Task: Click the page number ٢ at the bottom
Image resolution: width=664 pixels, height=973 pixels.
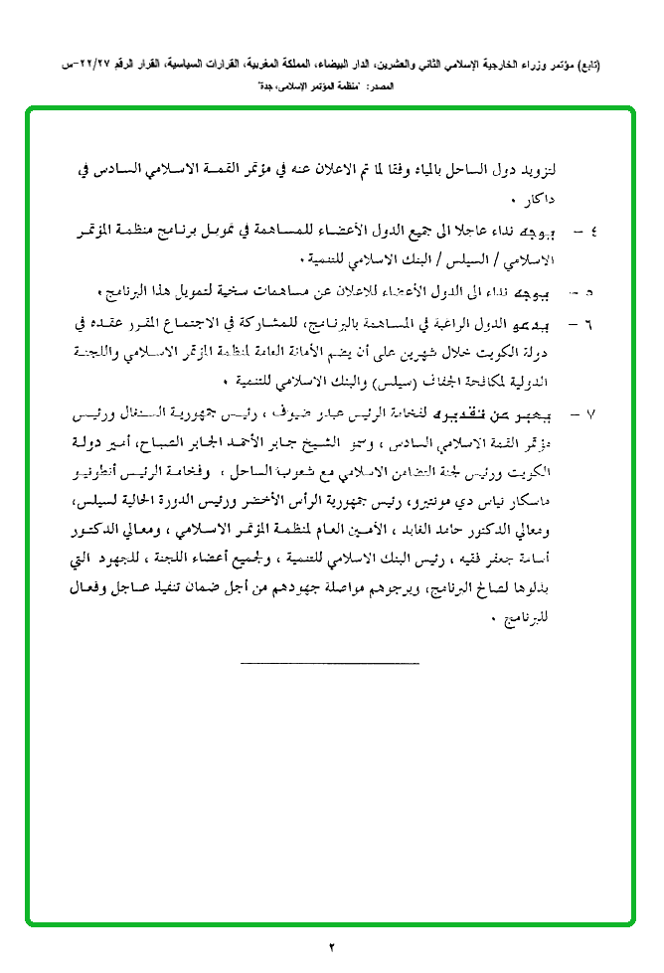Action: pos(332,945)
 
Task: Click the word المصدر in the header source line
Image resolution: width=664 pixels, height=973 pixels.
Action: pos(381,87)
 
